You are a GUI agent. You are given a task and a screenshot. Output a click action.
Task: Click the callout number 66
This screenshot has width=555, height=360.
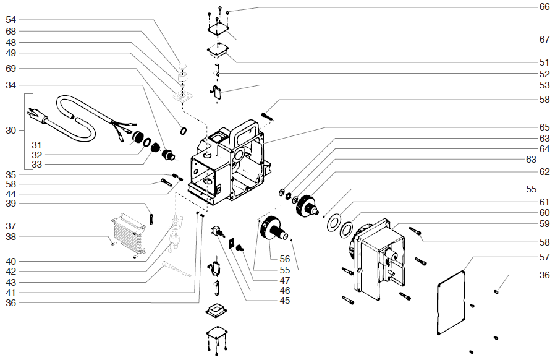pyautogui.click(x=544, y=7)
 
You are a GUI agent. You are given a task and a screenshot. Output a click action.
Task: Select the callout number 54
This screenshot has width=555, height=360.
pyautogui.click(x=11, y=20)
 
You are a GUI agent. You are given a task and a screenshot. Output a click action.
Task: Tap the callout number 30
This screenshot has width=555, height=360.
pyautogui.click(x=11, y=131)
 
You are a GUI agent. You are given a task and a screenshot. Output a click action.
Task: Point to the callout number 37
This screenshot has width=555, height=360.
pyautogui.click(x=11, y=225)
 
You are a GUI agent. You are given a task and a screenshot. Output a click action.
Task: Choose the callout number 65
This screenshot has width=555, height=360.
pyautogui.click(x=544, y=127)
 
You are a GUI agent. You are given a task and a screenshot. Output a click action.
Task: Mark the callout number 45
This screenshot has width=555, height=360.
pyautogui.click(x=284, y=301)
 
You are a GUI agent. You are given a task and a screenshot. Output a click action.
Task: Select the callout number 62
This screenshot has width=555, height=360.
pyautogui.click(x=544, y=171)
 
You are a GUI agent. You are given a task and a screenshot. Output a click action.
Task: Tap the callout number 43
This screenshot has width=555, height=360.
pyautogui.click(x=11, y=282)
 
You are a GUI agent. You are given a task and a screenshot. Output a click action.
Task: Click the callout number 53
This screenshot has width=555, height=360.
pyautogui.click(x=544, y=85)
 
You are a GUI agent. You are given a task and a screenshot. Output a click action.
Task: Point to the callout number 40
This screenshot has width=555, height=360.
pyautogui.click(x=11, y=261)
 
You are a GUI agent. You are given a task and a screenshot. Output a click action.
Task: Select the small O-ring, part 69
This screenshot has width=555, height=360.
pyautogui.click(x=184, y=131)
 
